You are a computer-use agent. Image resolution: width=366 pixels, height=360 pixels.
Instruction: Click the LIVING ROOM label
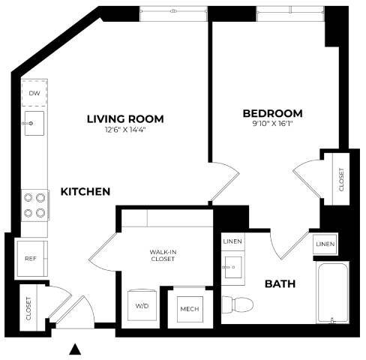[x=125, y=118]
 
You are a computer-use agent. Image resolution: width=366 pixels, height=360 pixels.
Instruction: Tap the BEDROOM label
[x=272, y=113]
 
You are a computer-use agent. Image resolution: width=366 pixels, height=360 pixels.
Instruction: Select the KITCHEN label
[x=85, y=192]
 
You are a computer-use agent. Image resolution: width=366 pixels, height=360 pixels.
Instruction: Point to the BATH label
[x=279, y=284]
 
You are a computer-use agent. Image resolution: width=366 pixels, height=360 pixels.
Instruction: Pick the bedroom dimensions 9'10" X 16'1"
[x=272, y=125]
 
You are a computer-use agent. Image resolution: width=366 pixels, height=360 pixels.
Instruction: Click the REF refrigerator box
[x=31, y=257]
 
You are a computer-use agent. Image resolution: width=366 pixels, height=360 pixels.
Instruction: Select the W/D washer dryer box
[x=142, y=306]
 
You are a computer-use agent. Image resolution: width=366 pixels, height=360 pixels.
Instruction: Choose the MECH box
[x=187, y=307]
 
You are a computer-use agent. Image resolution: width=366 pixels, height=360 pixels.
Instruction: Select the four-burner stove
[x=34, y=205]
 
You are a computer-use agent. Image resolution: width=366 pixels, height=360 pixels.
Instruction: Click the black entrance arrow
[x=75, y=348]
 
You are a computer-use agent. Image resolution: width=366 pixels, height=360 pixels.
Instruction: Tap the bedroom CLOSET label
[x=341, y=178]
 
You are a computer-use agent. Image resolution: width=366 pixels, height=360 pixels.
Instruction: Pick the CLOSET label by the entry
[x=28, y=307]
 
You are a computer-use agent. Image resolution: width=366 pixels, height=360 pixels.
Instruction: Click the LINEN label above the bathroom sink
[x=232, y=241]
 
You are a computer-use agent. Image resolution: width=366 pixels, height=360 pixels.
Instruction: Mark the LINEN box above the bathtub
[x=325, y=244]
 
